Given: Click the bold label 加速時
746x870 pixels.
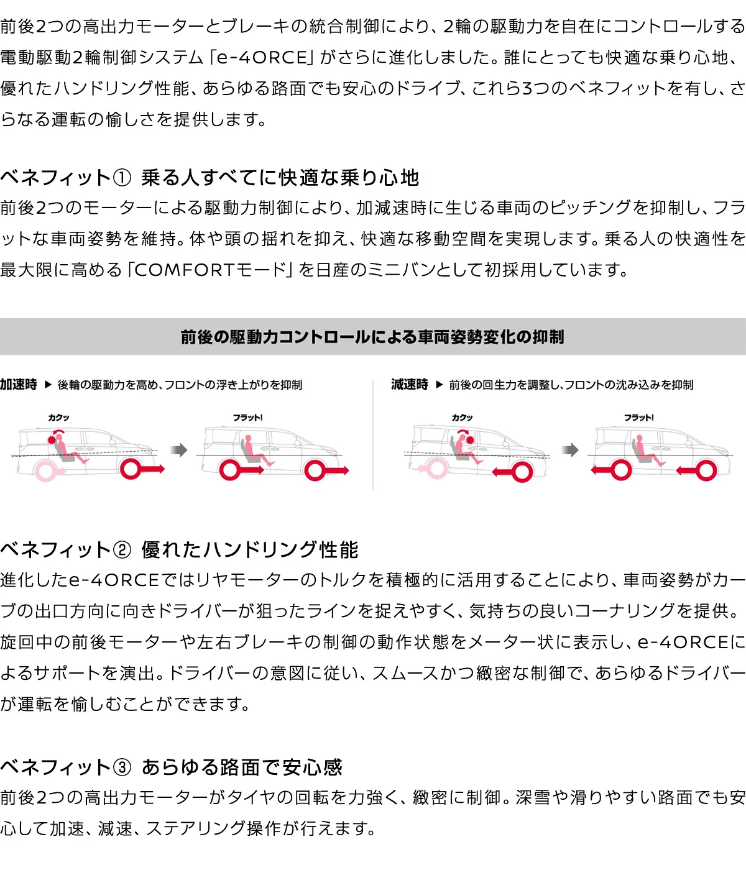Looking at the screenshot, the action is [x=19, y=384].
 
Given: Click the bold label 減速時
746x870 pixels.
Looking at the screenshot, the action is [x=410, y=384].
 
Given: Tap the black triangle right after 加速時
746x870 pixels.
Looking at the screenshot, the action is [x=48, y=384].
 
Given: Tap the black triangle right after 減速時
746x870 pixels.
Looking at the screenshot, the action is [x=440, y=384].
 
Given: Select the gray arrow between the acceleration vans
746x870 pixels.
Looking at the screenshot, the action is [x=179, y=449].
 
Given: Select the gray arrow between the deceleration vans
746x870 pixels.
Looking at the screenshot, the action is [x=570, y=449].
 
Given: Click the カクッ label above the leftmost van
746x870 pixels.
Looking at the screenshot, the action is [x=58, y=418].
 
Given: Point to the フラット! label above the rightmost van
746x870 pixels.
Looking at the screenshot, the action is [x=638, y=418].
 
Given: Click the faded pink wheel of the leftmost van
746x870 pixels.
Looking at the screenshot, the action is [x=46, y=471].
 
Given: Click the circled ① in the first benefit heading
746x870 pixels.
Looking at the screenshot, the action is [x=122, y=178].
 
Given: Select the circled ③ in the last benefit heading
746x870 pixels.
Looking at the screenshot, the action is [x=122, y=767].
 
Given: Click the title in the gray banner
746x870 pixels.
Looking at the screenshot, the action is [x=372, y=337].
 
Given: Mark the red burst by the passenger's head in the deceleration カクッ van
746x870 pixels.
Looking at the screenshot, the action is [x=470, y=440].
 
